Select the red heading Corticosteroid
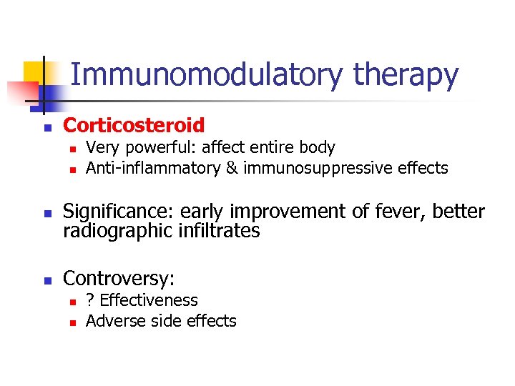click(x=134, y=126)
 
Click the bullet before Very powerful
click(x=72, y=149)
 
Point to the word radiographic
click(x=117, y=231)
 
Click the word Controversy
click(x=119, y=278)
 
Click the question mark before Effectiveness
click(x=90, y=300)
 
